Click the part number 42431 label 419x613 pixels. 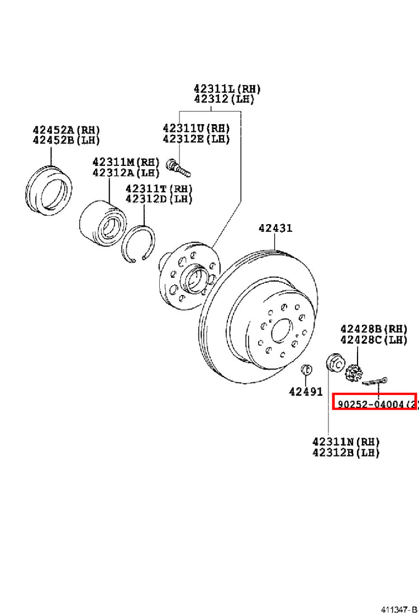coord(275,228)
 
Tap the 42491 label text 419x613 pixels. coord(306,391)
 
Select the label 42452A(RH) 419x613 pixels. coord(66,130)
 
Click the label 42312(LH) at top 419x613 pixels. coord(224,99)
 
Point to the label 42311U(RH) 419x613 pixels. coord(196,128)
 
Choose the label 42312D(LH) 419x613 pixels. coord(159,199)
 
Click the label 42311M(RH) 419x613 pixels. coord(126,161)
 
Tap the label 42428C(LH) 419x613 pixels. coord(374,340)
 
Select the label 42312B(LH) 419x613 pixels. coord(346,453)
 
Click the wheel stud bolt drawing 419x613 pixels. coord(178,167)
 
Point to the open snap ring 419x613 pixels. coord(138,244)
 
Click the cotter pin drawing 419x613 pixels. coord(374,381)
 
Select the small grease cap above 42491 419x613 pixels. coord(307,368)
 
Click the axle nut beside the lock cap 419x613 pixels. coord(335,363)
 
